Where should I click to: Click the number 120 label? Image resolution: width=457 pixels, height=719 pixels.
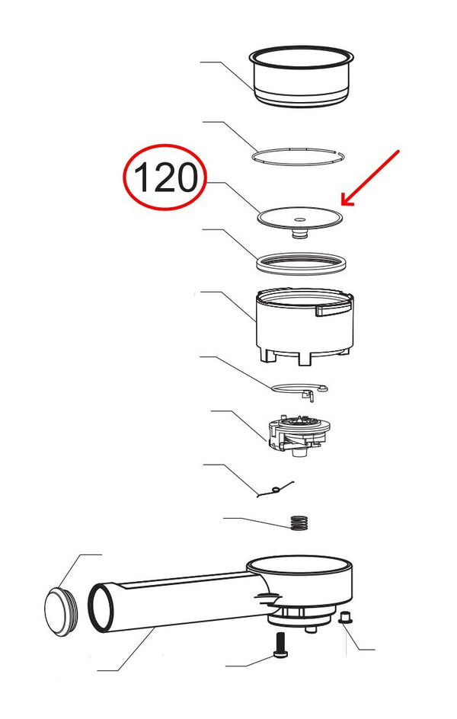point(165,178)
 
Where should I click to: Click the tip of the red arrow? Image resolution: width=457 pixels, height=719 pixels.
point(342,205)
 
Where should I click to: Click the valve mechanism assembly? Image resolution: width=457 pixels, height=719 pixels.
point(298,435)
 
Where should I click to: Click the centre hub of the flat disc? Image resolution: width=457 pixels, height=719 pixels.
point(299,224)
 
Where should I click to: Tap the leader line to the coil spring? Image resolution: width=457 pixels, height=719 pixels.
point(255,519)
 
